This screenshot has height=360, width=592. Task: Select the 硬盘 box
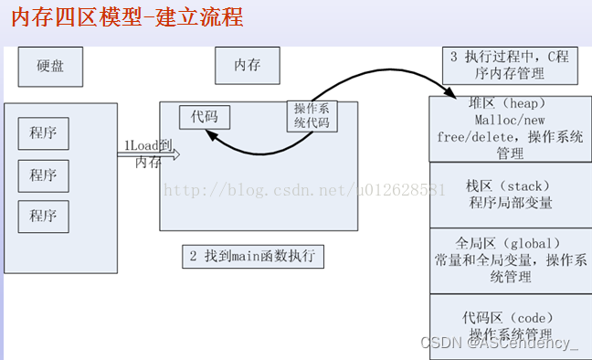coord(49,67)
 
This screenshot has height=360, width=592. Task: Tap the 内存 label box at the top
coord(247,67)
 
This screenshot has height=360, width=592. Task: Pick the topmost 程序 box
coord(42,133)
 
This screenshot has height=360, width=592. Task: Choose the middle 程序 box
coord(42,175)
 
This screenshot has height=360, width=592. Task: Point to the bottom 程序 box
coord(42,216)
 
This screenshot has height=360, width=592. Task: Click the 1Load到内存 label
coord(147,154)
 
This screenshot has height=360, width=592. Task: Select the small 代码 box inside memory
coord(204,118)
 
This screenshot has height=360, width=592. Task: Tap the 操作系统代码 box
coord(312,116)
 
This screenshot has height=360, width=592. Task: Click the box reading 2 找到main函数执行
coord(252,257)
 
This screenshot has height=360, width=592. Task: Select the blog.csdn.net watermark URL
coord(302,190)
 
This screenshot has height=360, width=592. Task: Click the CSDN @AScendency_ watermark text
coord(499,344)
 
